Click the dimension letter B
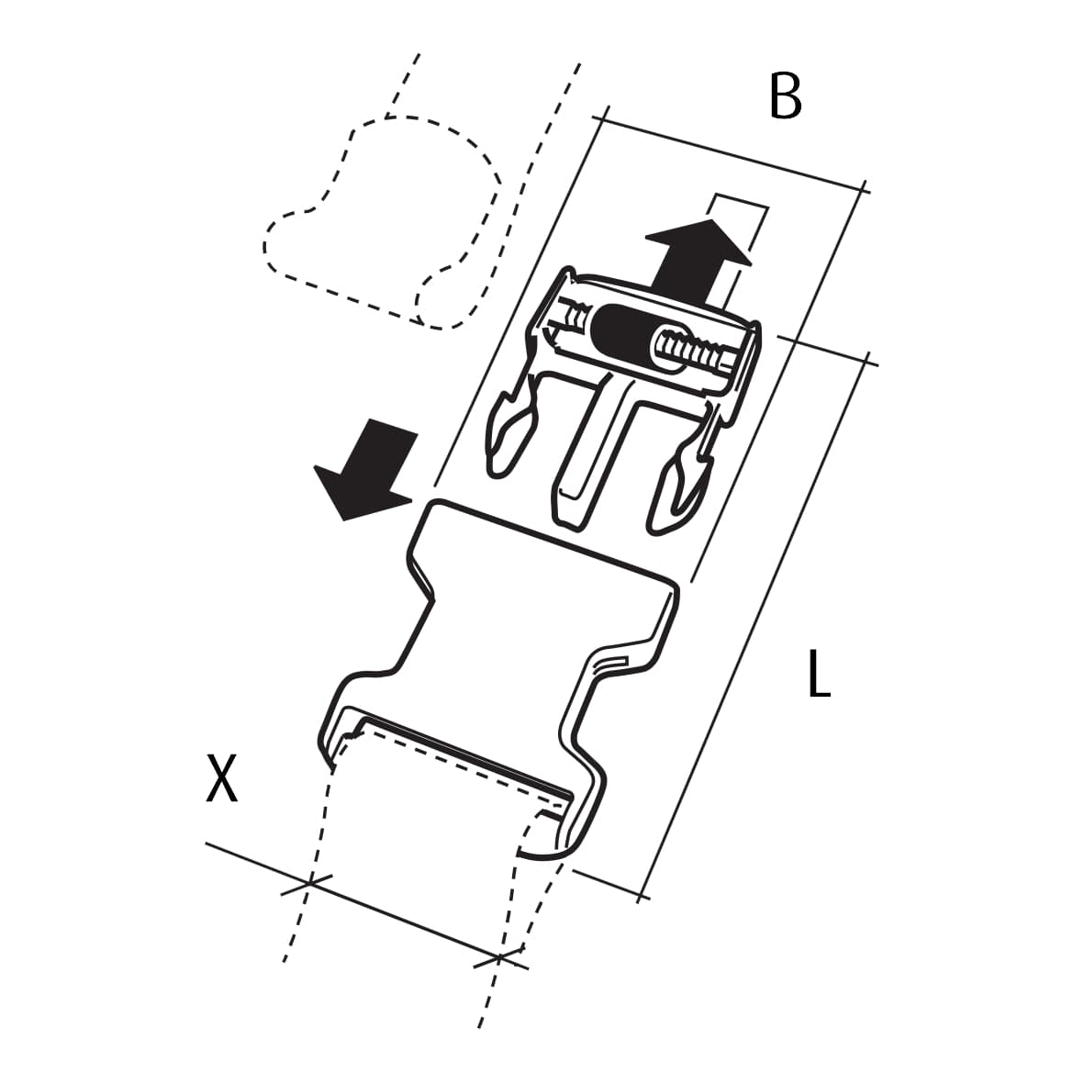785,96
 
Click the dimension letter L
819,674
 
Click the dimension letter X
222,778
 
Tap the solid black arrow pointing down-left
365,467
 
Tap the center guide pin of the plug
595,450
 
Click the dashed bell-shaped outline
383,221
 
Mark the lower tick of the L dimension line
643,897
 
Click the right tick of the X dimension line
499,958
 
